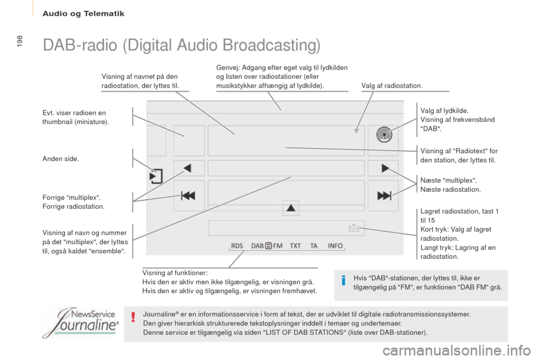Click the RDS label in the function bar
click(x=237, y=246)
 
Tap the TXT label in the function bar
click(x=295, y=246)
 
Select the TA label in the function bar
click(x=314, y=246)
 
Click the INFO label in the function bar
click(x=335, y=246)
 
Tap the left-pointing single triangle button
click(x=187, y=168)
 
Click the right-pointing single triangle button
click(x=385, y=168)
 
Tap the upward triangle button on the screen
click(x=291, y=208)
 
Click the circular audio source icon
click(x=384, y=134)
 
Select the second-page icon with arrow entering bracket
click(x=156, y=176)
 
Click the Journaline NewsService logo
click(x=81, y=323)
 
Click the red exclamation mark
click(x=133, y=317)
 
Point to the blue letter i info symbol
click(x=343, y=281)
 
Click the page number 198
click(x=20, y=41)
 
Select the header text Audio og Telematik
click(x=83, y=13)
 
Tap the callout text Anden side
click(x=61, y=159)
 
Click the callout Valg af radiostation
click(x=391, y=85)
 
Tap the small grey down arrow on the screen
click(x=357, y=130)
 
